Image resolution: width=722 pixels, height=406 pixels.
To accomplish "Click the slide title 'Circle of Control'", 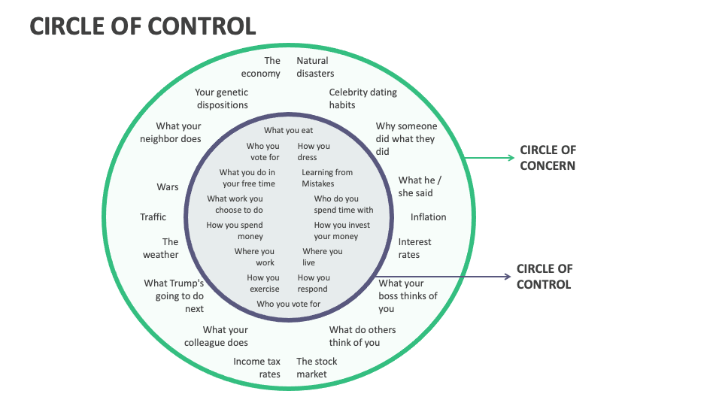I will coord(143,26).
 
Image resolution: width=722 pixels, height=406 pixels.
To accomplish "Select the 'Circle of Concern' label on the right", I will coord(548,158).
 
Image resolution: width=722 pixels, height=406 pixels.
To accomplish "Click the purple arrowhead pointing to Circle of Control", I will coord(508,277).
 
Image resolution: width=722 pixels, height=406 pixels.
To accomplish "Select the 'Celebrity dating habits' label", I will coord(363,98).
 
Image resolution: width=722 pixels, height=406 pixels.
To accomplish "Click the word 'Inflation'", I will coord(428,217).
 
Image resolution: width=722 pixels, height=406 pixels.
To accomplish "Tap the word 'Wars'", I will coord(168,186).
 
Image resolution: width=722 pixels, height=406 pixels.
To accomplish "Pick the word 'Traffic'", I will coord(153,217).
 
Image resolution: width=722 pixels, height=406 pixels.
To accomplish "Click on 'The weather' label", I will coord(161,248).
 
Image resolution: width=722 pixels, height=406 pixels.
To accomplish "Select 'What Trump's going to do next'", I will coord(174,295).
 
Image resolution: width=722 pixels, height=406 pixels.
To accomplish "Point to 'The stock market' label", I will coord(316,368).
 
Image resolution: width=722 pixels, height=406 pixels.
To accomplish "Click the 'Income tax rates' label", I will coord(257,368).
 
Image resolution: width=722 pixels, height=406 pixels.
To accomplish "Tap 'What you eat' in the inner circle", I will coord(288,130).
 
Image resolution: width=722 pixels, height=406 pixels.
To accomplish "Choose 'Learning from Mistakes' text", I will coord(327,178).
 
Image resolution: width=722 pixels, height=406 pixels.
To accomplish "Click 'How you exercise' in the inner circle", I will coord(263,283).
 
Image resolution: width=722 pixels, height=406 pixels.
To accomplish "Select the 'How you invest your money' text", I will coord(341,231).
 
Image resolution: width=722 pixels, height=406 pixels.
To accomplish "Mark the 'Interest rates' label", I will coord(414,248).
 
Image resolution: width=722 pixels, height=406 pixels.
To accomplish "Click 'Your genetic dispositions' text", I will coord(221,98).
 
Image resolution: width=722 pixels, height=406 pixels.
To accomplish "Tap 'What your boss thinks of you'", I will coord(408,295).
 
